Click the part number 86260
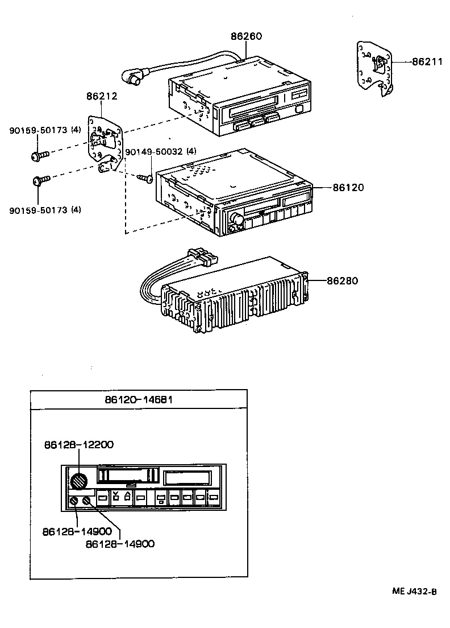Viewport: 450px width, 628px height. [246, 36]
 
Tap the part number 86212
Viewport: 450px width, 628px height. [102, 97]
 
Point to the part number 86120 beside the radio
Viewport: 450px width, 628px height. [348, 187]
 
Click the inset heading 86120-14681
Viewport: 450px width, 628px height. [139, 400]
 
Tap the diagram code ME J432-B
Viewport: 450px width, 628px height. [414, 592]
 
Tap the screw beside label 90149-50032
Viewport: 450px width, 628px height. [145, 179]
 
